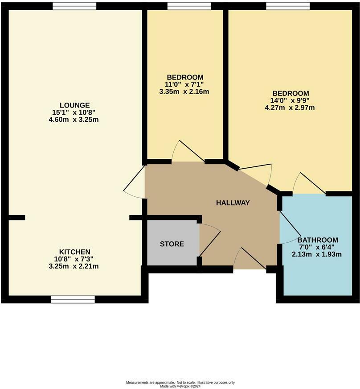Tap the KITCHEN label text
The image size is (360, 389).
coord(75,252)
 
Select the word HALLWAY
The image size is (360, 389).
coord(233,203)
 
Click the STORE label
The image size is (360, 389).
coord(172,244)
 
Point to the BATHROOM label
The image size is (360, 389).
coord(318,240)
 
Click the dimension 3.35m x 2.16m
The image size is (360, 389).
coord(187,92)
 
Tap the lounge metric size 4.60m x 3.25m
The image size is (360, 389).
coord(74,120)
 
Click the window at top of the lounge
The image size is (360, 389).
coord(74,6)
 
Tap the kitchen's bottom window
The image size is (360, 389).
coord(73,299)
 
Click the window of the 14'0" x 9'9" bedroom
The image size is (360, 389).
coord(288,6)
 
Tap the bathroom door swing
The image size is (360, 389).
coord(290,228)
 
